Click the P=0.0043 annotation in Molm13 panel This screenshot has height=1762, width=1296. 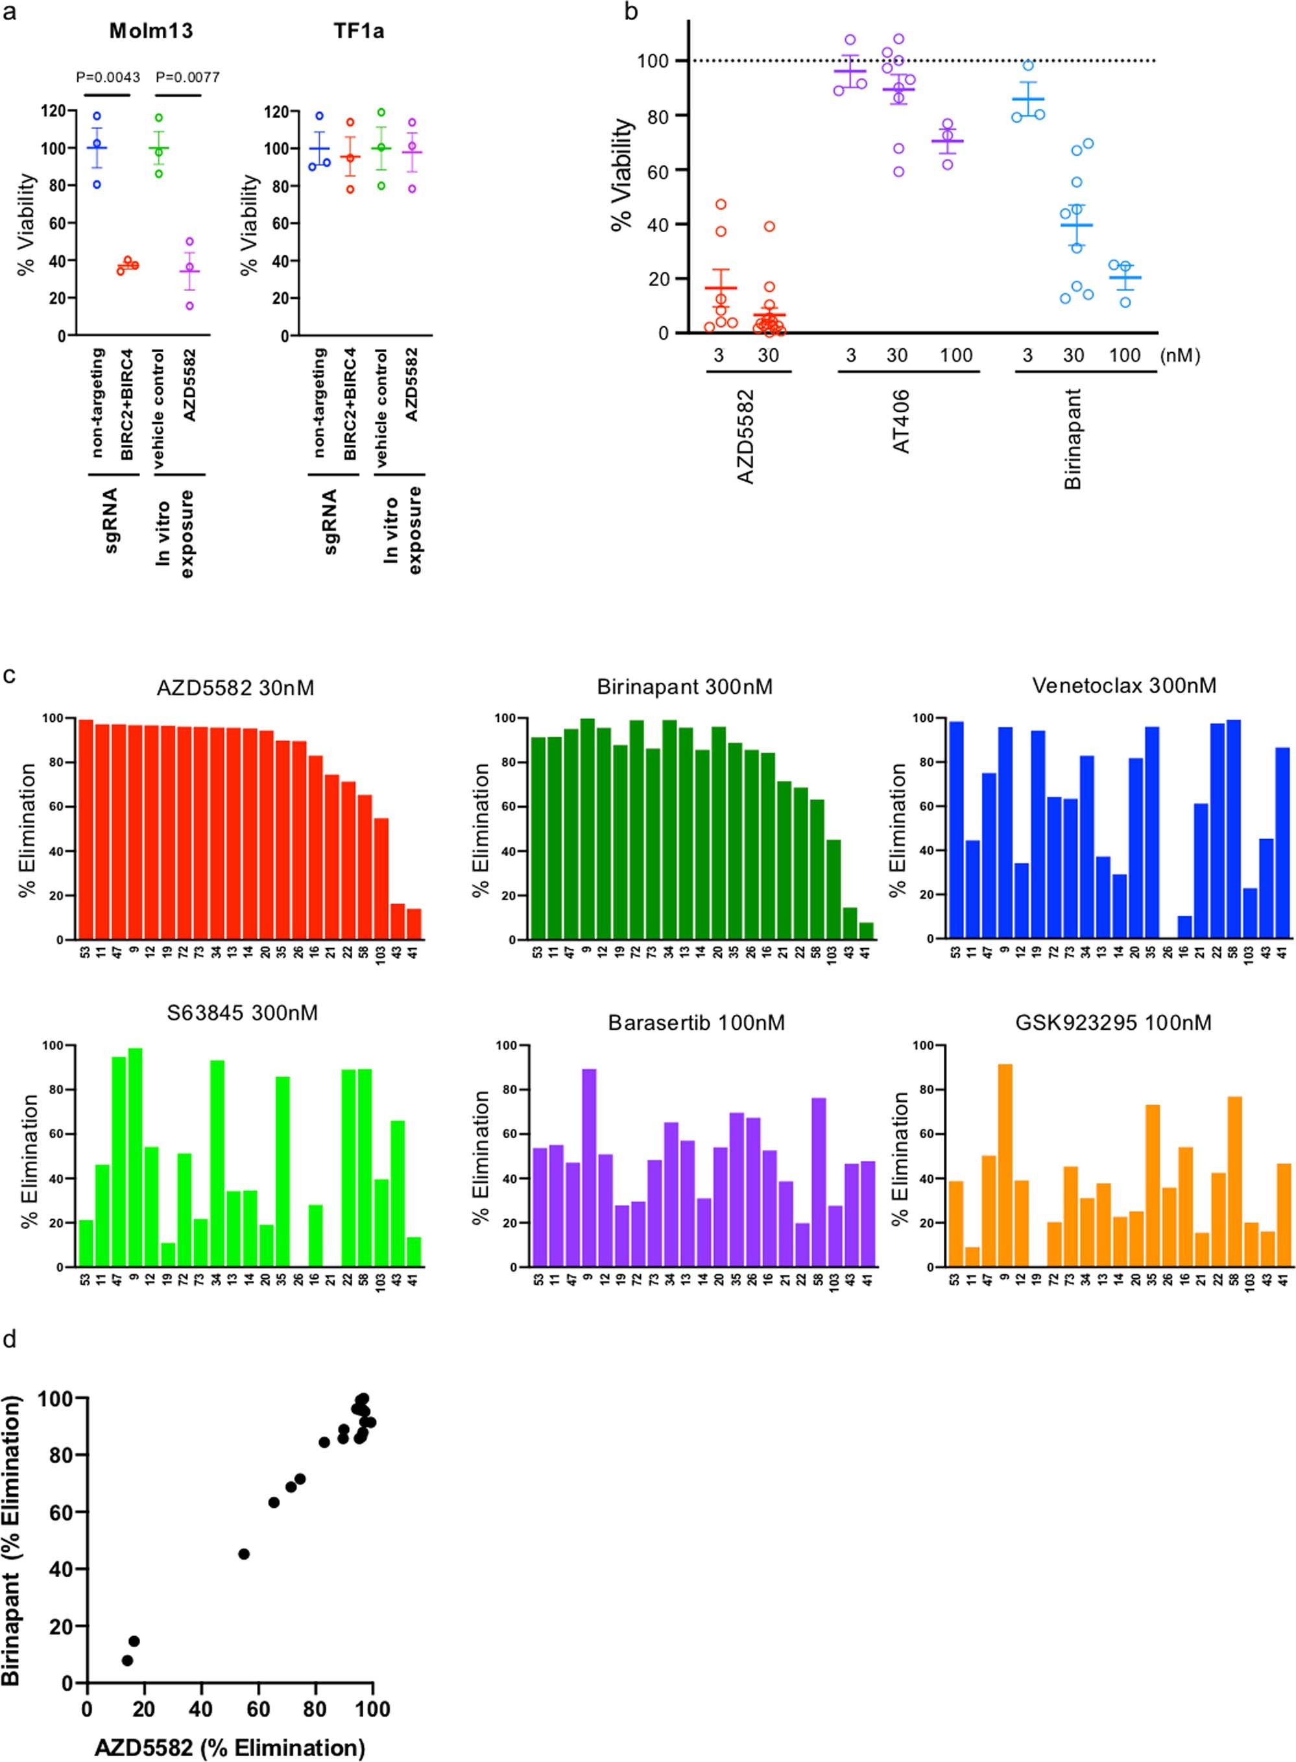click(x=108, y=77)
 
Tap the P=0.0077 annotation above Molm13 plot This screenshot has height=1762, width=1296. click(x=187, y=77)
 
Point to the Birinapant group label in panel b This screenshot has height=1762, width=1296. click(x=1074, y=438)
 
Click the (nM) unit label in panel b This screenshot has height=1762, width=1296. click(x=1179, y=355)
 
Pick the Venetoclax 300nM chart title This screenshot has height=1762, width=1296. click(x=1124, y=686)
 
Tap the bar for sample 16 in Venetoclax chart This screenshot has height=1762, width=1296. click(x=1184, y=927)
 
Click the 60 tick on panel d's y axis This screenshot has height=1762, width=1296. click(x=68, y=1511)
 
